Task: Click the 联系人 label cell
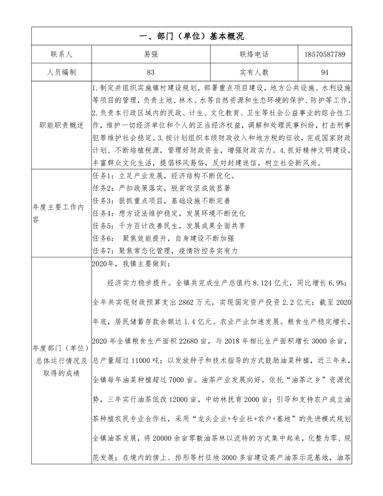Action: [x=61, y=54]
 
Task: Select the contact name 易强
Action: [x=151, y=54]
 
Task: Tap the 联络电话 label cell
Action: [x=254, y=54]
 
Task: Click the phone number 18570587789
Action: [x=325, y=54]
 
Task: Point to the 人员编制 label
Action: [x=61, y=72]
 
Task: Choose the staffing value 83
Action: [x=151, y=72]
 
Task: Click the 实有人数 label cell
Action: [x=254, y=72]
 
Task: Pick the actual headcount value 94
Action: [x=325, y=72]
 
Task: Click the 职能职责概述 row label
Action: [x=61, y=125]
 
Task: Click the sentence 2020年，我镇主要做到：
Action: [x=130, y=264]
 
